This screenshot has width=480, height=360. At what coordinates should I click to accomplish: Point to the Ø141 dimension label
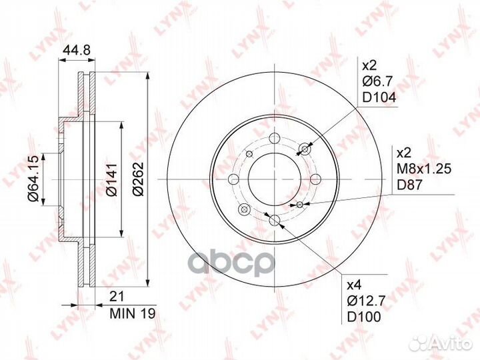(x=111, y=180)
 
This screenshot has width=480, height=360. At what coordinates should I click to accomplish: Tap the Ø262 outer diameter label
(x=138, y=180)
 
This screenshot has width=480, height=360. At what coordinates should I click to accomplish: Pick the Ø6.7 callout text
(x=378, y=82)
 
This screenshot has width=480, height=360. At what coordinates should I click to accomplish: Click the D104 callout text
(x=378, y=97)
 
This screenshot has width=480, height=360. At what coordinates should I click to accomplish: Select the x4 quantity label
(x=369, y=285)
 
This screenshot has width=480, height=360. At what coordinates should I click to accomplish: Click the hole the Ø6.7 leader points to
(x=306, y=149)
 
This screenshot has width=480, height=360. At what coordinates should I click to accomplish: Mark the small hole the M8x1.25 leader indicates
(x=300, y=204)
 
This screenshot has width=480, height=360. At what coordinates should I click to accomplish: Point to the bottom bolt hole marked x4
(x=274, y=221)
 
